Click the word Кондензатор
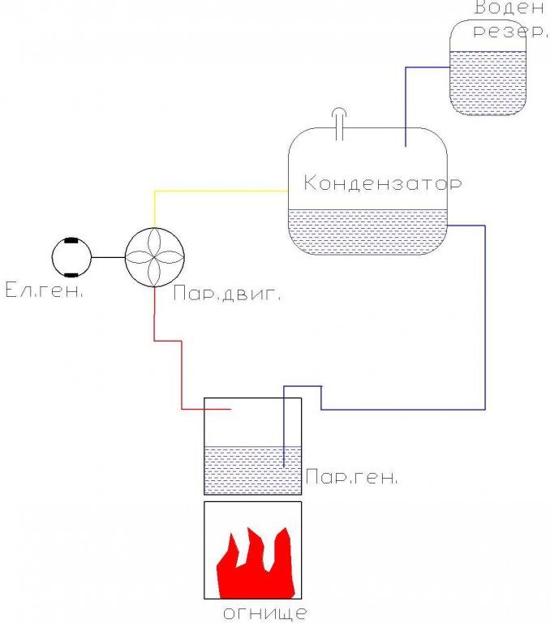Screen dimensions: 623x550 [382, 183]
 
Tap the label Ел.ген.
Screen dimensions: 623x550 [44, 290]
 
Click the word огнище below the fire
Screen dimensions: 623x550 [265, 612]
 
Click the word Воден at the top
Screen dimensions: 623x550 [509, 9]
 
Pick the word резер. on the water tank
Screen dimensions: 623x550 [509, 32]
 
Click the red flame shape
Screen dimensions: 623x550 [254, 563]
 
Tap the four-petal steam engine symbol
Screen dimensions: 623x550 [155, 257]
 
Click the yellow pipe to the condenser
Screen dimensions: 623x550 [219, 191]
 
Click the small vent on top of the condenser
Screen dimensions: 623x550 [340, 122]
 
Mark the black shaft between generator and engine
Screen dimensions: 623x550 [108, 257]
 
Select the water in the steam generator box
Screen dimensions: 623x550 [243, 470]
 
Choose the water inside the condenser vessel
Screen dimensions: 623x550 [367, 231]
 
